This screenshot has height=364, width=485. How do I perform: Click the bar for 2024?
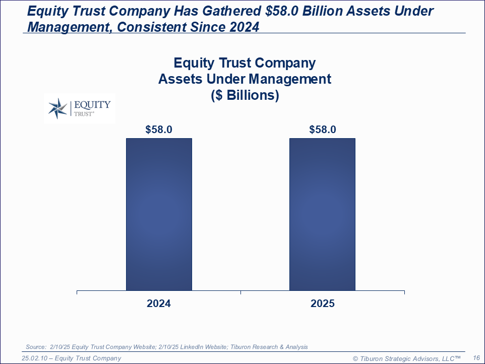[x=159, y=214]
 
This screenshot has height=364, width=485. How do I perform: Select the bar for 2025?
[x=322, y=214]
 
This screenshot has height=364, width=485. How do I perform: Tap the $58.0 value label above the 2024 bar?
[x=159, y=129]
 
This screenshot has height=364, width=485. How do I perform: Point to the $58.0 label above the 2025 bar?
[x=323, y=129]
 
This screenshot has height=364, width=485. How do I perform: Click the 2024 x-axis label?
[x=159, y=304]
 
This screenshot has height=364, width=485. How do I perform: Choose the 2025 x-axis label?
[x=323, y=304]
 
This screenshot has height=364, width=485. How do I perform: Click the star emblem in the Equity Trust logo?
[x=57, y=108]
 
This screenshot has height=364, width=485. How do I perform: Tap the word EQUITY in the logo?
[x=92, y=105]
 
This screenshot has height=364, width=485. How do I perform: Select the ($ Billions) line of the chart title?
[x=245, y=95]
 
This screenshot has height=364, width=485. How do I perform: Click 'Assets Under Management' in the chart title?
[x=245, y=79]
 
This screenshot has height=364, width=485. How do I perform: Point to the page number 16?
[x=476, y=358]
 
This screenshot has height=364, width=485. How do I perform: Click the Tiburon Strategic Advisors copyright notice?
[x=406, y=358]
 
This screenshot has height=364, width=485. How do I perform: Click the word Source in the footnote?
[x=36, y=347]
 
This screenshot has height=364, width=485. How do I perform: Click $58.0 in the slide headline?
[x=282, y=11]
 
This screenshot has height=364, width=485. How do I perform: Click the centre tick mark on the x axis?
[x=240, y=292]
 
